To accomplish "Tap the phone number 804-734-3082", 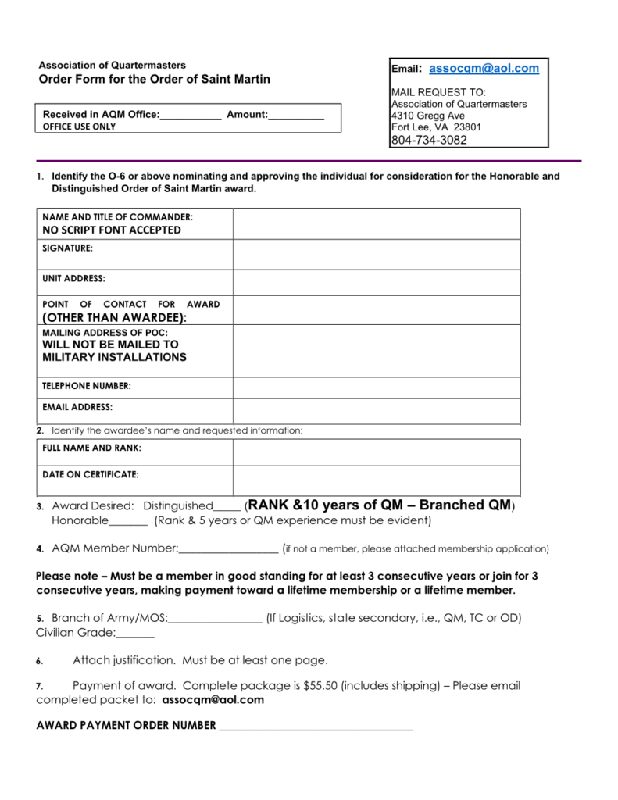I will coord(429,141).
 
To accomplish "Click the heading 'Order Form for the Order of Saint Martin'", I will coord(155,80).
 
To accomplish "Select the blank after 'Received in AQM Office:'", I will coord(191,116).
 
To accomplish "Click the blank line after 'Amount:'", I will coord(296,116).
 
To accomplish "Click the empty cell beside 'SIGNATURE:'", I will coord(376,254).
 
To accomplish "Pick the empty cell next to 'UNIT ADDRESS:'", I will coord(376,282).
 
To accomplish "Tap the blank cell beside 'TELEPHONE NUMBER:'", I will coord(376,387).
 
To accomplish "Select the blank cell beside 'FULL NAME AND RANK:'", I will coord(376,452).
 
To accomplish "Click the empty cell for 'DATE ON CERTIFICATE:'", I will coord(376,480).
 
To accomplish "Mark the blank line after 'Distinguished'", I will coord(227,508).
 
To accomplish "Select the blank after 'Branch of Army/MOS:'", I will coord(215,620).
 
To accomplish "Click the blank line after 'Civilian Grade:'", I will coord(135,634).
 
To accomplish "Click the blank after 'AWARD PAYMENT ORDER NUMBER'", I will coord(316,727).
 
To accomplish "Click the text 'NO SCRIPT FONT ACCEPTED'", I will coord(112,230).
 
